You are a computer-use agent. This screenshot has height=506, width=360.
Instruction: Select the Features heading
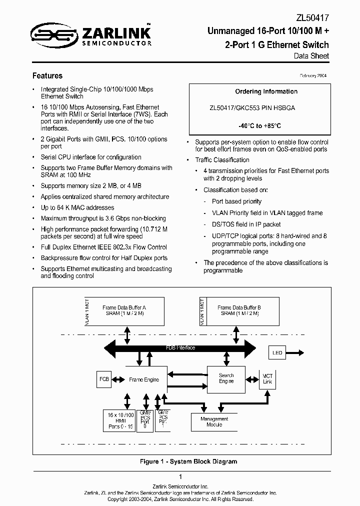coord(47,76)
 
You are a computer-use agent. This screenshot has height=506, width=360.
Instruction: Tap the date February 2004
coord(313,75)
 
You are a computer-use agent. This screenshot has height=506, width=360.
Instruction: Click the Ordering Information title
coord(266,91)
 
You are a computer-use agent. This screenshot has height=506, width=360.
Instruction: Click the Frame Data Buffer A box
coord(124,310)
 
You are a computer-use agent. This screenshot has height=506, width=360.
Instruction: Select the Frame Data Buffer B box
coord(239,310)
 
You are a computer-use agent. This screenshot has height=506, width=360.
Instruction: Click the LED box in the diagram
coord(277,353)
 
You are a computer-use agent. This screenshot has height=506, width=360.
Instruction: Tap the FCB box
coord(104,379)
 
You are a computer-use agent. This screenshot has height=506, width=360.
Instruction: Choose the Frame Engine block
coord(144,379)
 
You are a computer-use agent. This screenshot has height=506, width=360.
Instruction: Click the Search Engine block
coord(226,378)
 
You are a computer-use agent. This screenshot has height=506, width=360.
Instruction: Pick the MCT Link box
coord(267,379)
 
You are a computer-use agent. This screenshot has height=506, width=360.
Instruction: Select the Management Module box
coord(214,422)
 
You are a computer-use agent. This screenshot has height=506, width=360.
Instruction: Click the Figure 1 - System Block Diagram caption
coord(188,461)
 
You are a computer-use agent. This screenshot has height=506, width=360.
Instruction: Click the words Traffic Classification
coord(222,160)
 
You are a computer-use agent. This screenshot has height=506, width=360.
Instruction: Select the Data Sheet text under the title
coord(311,56)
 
